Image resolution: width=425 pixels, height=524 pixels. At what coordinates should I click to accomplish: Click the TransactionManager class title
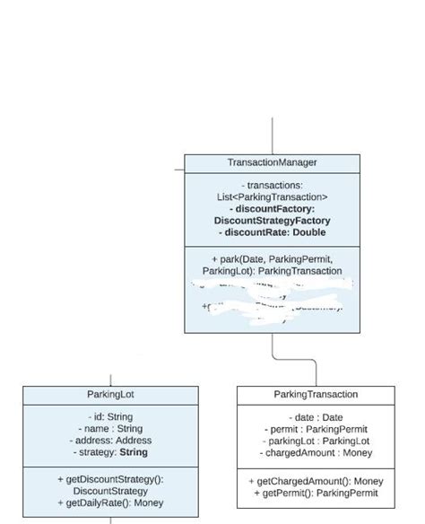272,162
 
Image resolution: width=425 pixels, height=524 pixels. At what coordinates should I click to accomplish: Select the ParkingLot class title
110,395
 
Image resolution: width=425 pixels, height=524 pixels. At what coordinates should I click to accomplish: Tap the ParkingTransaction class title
316,395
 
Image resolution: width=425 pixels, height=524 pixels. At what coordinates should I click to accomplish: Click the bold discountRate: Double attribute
272,232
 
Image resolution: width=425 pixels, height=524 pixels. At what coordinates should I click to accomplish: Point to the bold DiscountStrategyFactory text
272,221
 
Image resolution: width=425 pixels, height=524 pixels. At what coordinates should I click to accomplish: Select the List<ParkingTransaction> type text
272,196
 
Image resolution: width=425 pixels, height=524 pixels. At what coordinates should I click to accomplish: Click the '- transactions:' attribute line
272,185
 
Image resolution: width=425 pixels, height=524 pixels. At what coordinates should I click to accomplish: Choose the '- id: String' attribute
110,417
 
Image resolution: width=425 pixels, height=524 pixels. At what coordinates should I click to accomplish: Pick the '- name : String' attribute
110,429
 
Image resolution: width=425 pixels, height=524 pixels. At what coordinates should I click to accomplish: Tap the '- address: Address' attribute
110,441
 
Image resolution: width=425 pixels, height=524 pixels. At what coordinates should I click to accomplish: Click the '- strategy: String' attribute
110,452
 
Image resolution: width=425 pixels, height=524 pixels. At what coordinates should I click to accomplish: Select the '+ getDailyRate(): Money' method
110,503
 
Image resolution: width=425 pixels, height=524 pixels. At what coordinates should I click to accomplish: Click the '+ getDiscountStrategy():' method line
110,480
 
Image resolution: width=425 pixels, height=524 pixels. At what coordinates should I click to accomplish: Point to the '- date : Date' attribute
316,417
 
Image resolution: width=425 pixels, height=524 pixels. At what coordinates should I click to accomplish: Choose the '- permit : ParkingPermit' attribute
316,429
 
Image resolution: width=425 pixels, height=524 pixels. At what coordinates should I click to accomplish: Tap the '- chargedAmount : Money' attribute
316,453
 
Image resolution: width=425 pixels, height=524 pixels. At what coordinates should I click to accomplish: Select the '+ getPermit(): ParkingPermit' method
316,493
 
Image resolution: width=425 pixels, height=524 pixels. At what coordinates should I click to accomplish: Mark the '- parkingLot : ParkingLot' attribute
316,441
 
